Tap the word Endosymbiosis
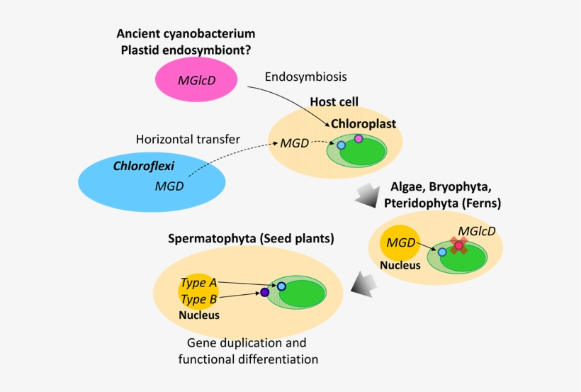coord(305,76)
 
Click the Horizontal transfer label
coord(187,139)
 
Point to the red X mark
coord(459,245)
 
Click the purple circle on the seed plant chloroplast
coord(265,292)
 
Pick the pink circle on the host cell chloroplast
coord(359,139)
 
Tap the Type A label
coord(199,283)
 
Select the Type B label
coord(199,298)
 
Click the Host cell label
coord(334,102)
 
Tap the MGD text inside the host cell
coord(294,143)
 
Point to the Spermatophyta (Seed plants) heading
coord(251,238)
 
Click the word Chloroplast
coord(363,123)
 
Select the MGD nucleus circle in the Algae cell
coord(400,243)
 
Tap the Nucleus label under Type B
coord(199,315)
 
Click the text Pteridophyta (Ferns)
coord(442,203)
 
